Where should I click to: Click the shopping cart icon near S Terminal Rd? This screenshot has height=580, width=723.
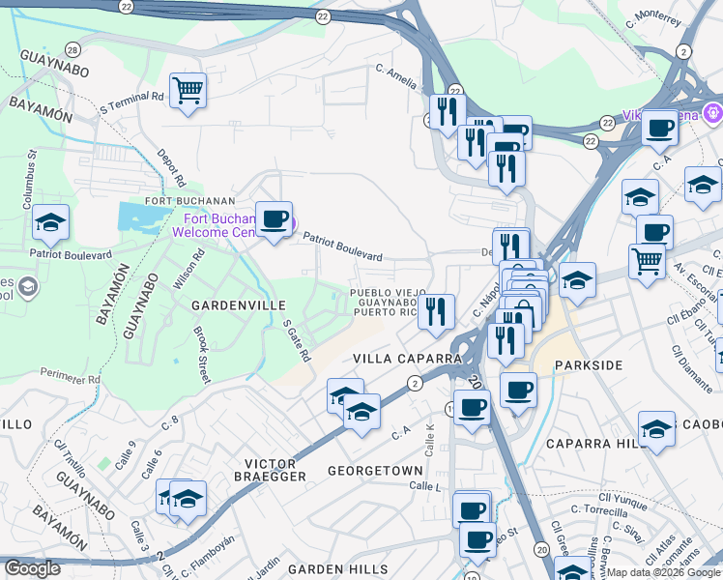point(188,91)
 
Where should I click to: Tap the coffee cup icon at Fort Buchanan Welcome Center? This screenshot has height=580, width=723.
point(274,217)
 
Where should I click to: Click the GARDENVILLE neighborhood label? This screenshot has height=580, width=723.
point(233,304)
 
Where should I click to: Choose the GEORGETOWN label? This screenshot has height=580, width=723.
point(375,471)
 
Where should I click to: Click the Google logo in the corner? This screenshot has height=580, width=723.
point(32,568)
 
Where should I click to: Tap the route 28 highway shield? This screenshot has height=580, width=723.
point(72,49)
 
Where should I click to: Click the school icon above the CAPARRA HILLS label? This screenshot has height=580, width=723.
point(656,427)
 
